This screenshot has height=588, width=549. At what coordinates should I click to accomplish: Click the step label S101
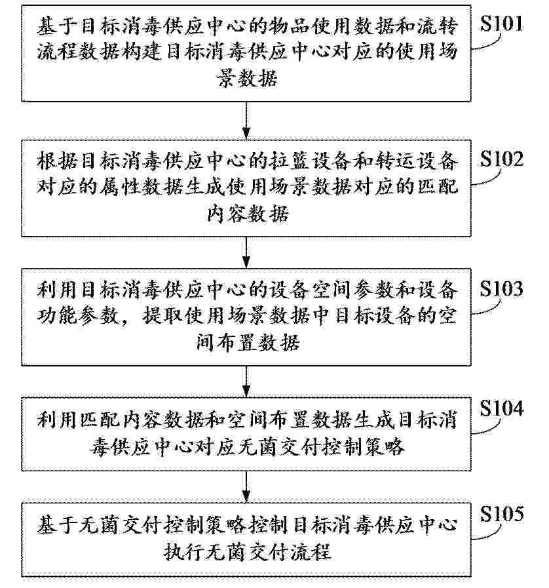click(x=501, y=24)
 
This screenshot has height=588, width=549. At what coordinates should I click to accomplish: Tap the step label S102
click(x=501, y=159)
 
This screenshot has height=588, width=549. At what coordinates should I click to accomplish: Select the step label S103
click(x=501, y=288)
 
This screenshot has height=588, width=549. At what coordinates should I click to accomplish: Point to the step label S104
click(x=501, y=408)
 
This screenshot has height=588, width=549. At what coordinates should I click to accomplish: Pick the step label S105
click(x=502, y=514)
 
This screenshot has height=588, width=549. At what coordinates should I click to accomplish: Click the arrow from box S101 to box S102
click(x=246, y=121)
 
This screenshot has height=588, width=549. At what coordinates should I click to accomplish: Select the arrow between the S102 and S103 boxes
click(x=246, y=252)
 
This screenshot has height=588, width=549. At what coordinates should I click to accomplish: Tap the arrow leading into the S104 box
click(x=246, y=382)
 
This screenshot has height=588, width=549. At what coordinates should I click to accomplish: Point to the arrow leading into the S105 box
click(x=246, y=487)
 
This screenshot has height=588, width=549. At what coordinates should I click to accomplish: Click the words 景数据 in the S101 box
click(x=248, y=79)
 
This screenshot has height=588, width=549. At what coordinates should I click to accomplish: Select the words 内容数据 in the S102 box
click(x=248, y=214)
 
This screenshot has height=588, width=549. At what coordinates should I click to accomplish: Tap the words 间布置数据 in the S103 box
click(x=248, y=342)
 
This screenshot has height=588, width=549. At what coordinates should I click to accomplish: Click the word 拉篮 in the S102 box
click(x=288, y=161)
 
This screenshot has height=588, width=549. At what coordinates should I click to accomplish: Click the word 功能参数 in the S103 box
click(x=79, y=316)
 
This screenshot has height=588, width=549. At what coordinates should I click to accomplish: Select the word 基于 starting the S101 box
click(x=58, y=27)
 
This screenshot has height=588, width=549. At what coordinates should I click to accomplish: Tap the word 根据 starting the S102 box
click(x=58, y=161)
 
